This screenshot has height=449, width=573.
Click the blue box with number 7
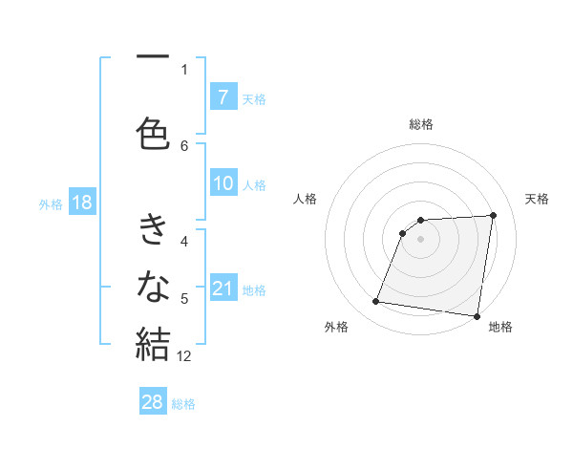(223, 97)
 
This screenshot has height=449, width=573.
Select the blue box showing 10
(223, 183)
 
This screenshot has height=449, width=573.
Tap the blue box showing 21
(223, 289)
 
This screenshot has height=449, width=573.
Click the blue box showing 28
(153, 402)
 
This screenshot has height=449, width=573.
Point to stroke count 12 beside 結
(185, 356)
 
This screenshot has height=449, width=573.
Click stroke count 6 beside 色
(184, 145)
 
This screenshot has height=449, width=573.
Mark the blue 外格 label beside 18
(51, 203)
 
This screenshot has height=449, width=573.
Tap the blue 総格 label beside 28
(183, 403)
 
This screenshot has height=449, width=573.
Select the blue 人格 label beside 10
(254, 184)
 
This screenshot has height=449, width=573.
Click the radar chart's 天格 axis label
(538, 199)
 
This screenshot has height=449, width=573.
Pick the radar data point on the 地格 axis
(477, 316)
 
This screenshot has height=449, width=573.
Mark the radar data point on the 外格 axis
(376, 302)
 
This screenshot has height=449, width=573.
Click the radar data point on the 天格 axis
(493, 215)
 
